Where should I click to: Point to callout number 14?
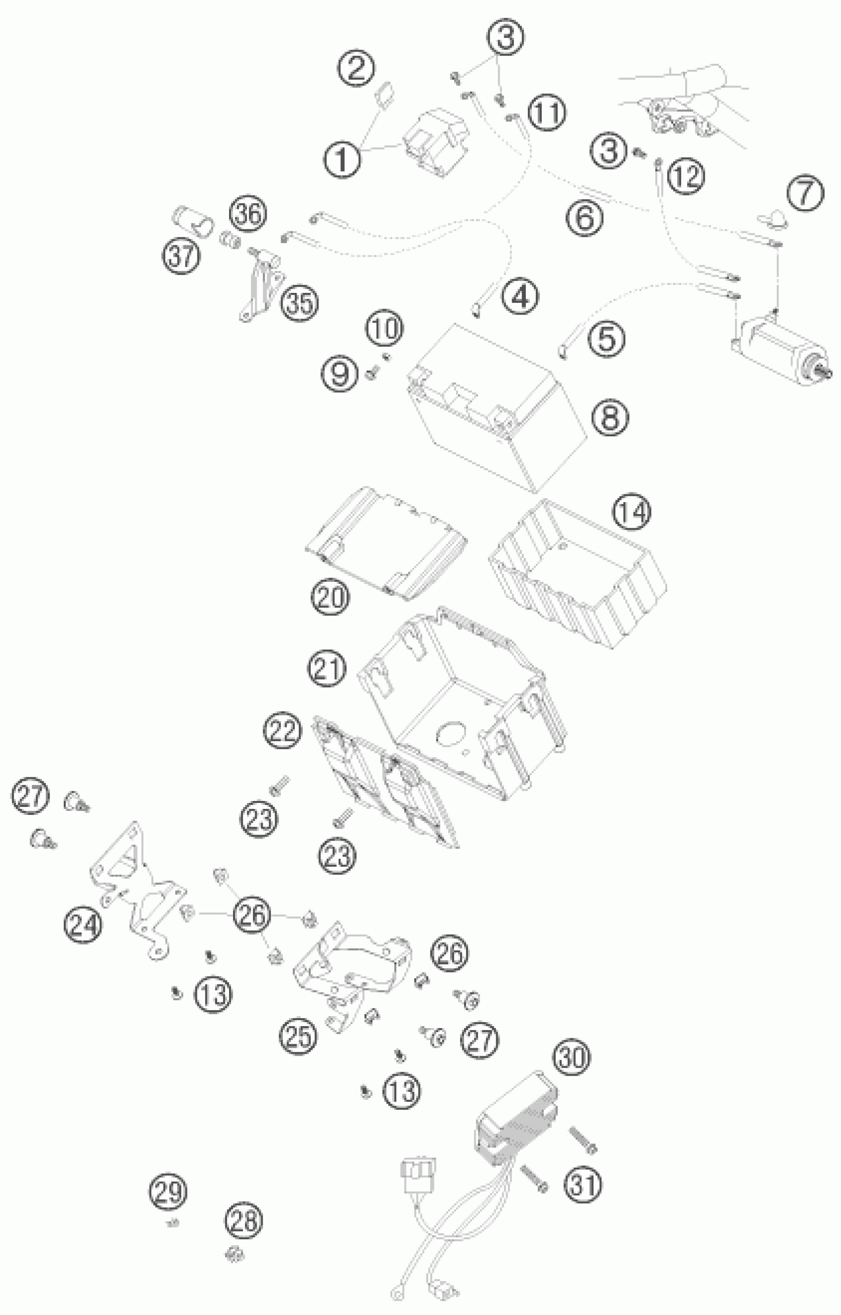click(x=632, y=512)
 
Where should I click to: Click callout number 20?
click(x=330, y=597)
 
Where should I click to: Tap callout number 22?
click(x=282, y=730)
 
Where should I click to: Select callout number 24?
click(x=83, y=925)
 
